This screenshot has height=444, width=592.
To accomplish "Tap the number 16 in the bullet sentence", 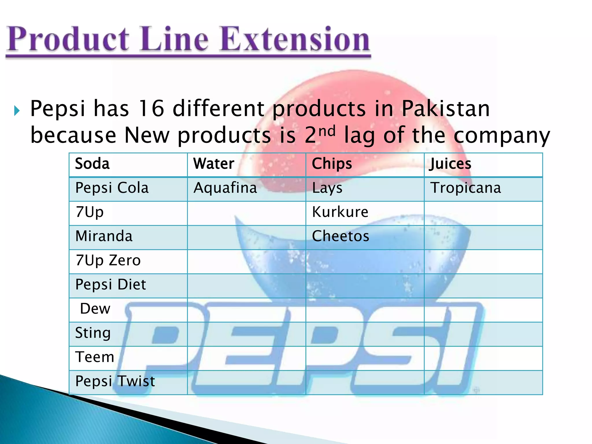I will (151, 109).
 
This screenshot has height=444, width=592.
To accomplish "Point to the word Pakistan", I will (445, 109).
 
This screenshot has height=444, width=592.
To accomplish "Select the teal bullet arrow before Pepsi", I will (17, 111).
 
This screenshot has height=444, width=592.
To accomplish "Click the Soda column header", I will (92, 164).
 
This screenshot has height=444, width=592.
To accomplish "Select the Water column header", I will (214, 164).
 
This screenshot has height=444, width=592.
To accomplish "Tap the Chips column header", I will (332, 164).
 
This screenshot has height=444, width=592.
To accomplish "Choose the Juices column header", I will (450, 164).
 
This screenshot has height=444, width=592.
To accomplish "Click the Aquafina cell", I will (225, 188).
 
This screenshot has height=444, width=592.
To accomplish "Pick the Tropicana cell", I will (466, 188).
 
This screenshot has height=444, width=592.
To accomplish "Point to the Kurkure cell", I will (340, 212).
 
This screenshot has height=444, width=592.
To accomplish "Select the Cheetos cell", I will (341, 236).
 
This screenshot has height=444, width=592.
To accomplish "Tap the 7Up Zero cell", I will (108, 260).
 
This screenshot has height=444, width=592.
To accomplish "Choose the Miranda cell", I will (104, 236).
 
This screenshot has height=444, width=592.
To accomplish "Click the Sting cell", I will (93, 333).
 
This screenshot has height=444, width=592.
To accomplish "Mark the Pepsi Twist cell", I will (115, 381).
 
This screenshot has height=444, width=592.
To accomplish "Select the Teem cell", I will (95, 357).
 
